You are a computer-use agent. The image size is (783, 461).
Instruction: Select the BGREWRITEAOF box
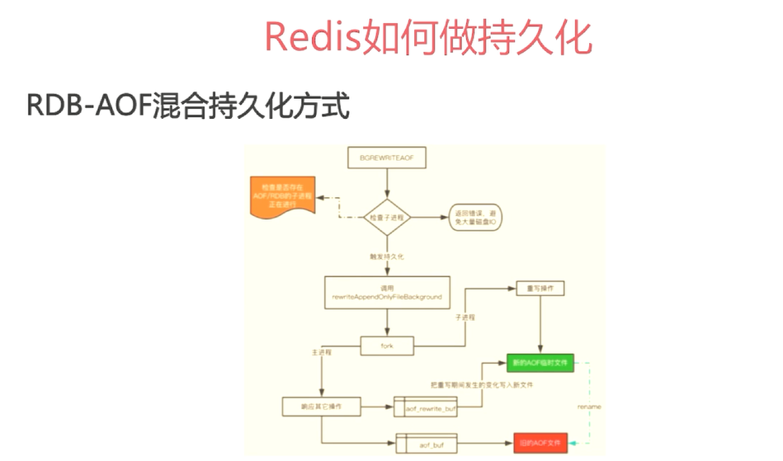click(387, 157)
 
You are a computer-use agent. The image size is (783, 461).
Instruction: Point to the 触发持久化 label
click(385, 256)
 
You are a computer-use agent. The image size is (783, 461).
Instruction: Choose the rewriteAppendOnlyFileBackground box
click(387, 291)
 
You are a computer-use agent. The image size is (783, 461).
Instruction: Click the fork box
click(387, 346)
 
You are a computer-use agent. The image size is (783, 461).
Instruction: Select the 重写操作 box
click(540, 289)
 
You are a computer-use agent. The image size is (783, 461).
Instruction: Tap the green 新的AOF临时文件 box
click(540, 362)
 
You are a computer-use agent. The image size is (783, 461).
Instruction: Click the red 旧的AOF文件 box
click(540, 444)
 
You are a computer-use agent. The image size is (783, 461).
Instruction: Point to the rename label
click(588, 407)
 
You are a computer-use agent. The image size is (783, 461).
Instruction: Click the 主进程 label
click(322, 351)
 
